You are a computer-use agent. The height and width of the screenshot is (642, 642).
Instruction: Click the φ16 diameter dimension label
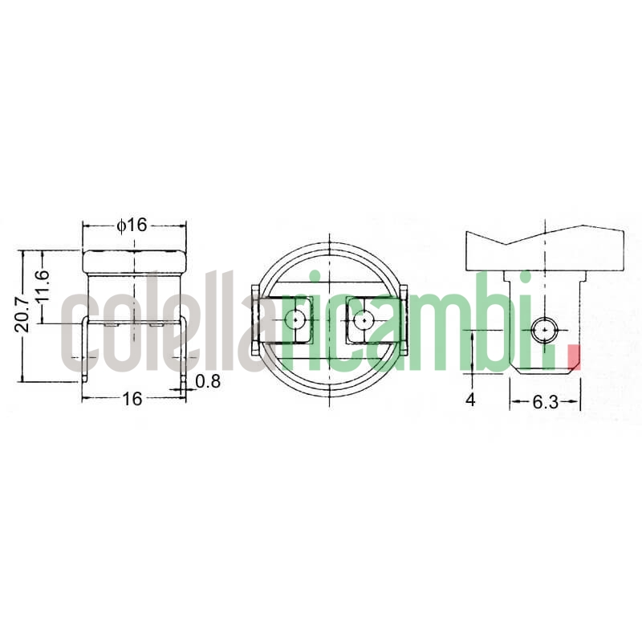(x=132, y=226)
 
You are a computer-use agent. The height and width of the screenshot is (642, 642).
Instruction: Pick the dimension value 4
(x=471, y=399)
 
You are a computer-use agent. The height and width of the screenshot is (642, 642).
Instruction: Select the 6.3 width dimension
(x=545, y=402)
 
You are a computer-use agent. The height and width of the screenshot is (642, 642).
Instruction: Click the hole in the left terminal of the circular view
(x=297, y=319)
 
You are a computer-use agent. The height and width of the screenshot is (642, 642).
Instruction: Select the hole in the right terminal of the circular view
(x=364, y=319)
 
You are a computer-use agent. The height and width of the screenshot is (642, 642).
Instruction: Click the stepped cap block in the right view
(x=546, y=250)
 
